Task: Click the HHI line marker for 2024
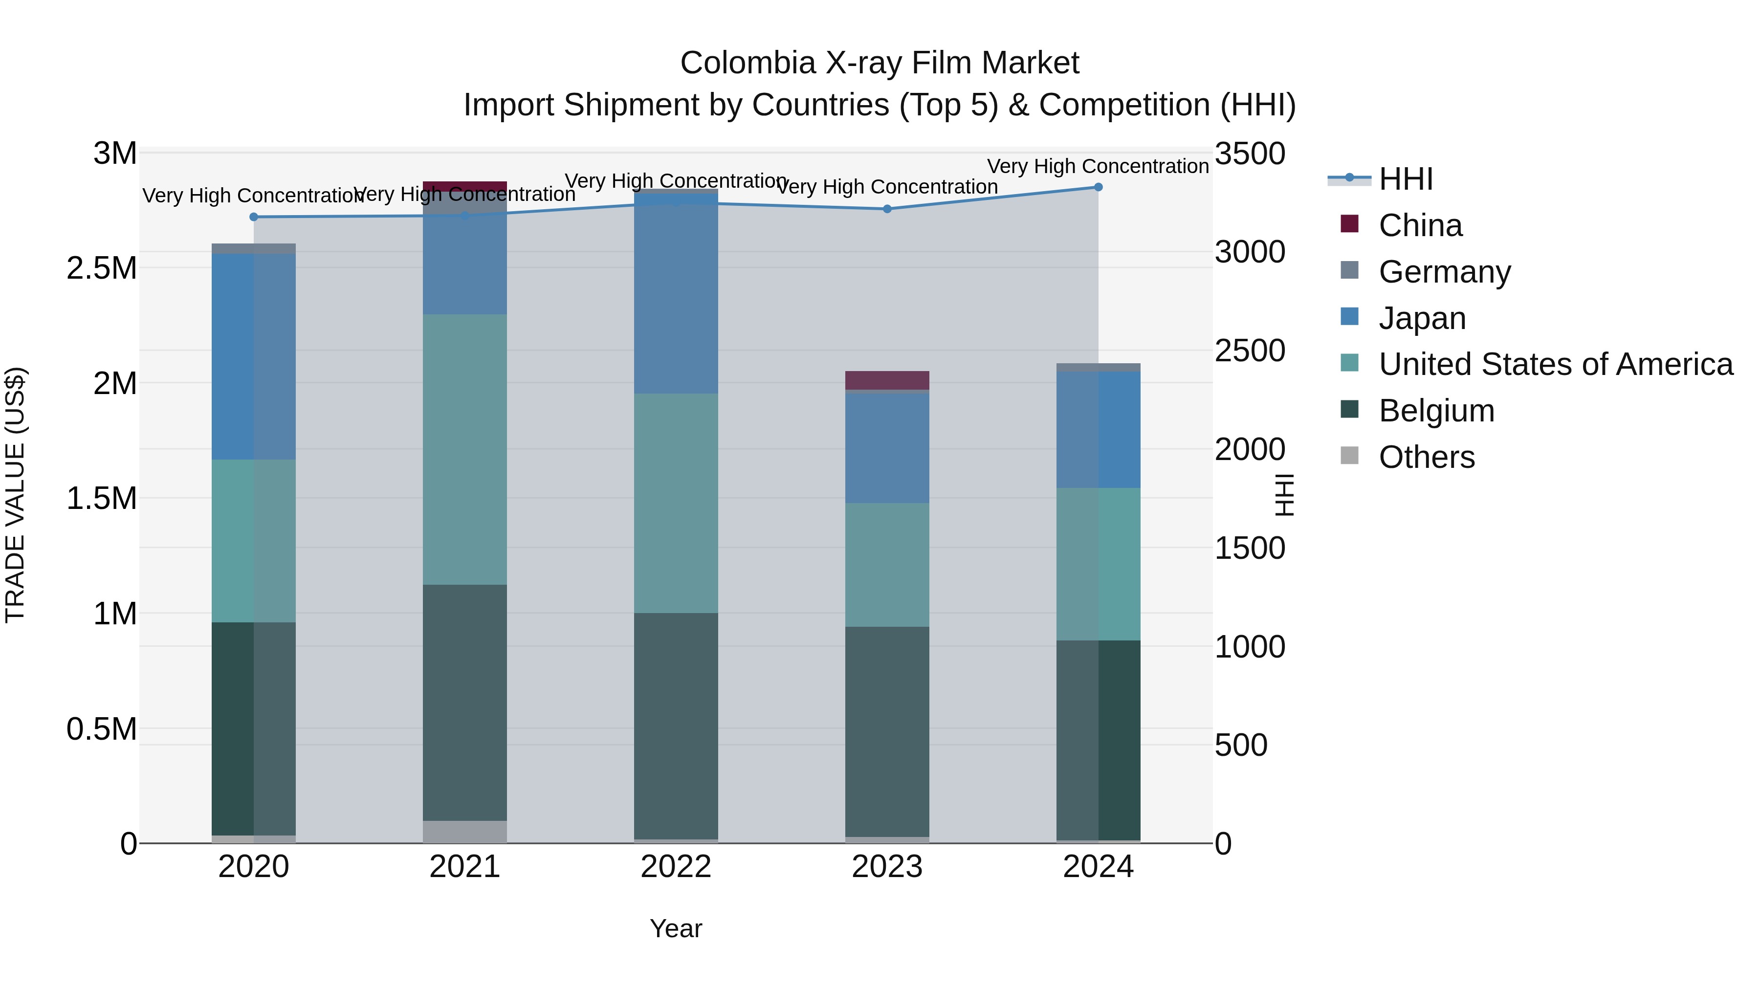(1098, 187)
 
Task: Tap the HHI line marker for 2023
(887, 209)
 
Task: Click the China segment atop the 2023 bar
(887, 380)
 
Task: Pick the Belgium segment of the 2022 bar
(676, 726)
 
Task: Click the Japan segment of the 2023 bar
(887, 448)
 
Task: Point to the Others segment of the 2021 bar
(464, 832)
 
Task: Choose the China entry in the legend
(1420, 225)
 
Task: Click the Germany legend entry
(1444, 272)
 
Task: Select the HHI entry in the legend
(1406, 179)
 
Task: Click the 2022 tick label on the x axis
(676, 867)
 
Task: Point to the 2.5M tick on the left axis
(102, 268)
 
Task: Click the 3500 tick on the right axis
(1250, 154)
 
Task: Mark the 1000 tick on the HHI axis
(1250, 646)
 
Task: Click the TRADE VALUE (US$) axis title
(16, 495)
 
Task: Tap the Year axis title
(676, 928)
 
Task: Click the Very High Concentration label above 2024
(1098, 166)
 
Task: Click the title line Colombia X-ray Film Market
(880, 63)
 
